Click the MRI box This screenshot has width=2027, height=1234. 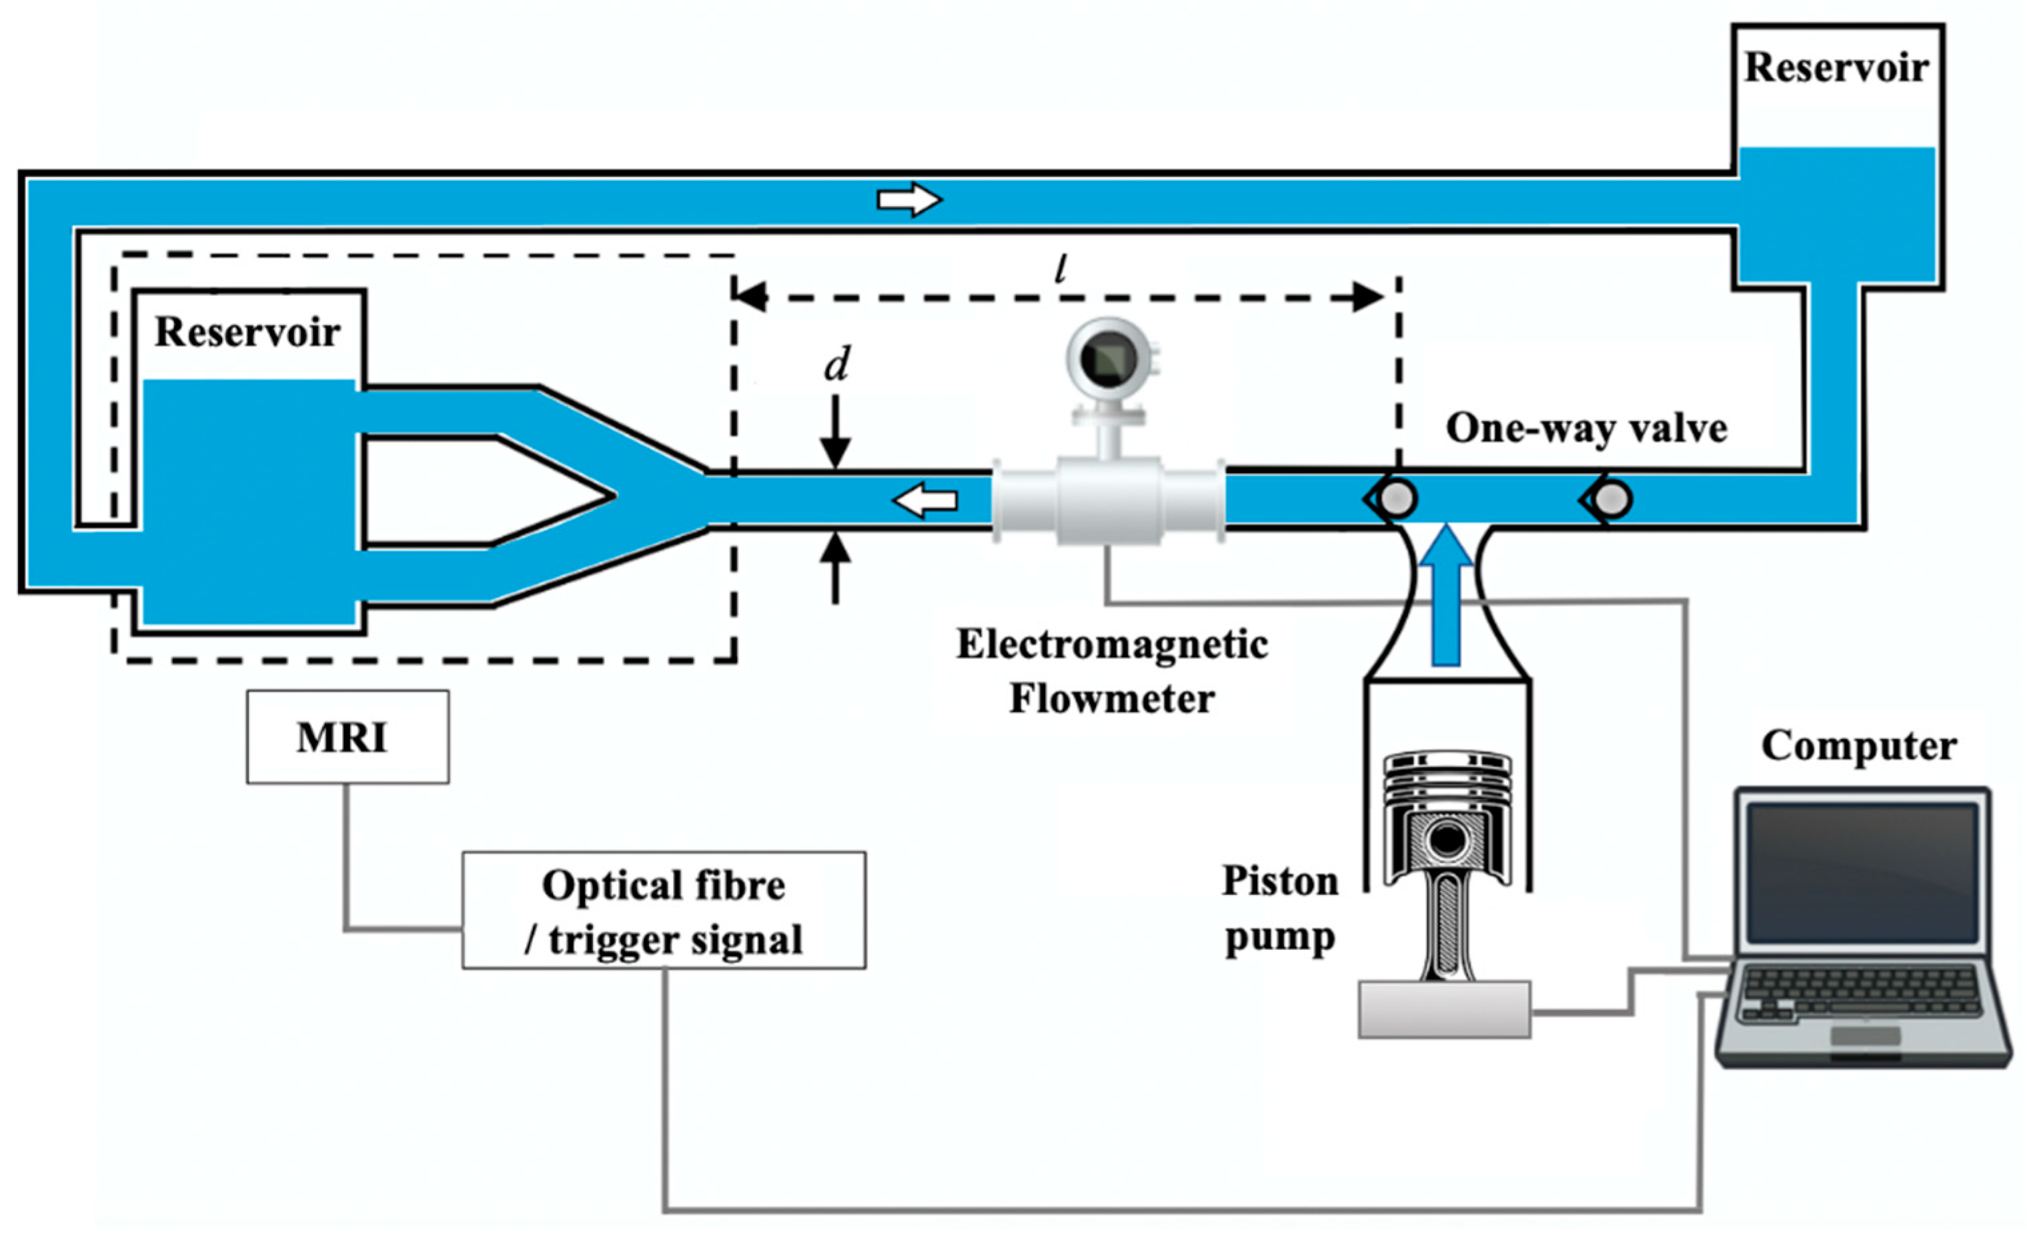347,736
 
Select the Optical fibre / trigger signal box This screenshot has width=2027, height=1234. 663,910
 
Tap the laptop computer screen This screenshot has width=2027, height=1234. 1862,873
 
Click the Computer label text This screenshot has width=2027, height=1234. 1858,746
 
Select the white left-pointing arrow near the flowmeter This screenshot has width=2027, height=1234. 926,500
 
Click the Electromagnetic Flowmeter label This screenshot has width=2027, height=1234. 1111,671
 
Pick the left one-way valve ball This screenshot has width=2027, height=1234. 1397,498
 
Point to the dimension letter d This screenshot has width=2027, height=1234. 836,364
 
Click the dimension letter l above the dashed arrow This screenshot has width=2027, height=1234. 1061,268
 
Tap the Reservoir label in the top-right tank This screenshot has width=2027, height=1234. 1836,67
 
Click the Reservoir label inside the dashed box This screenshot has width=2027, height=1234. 247,332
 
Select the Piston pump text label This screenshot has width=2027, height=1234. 1280,909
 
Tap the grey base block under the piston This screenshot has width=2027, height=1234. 1444,1009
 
